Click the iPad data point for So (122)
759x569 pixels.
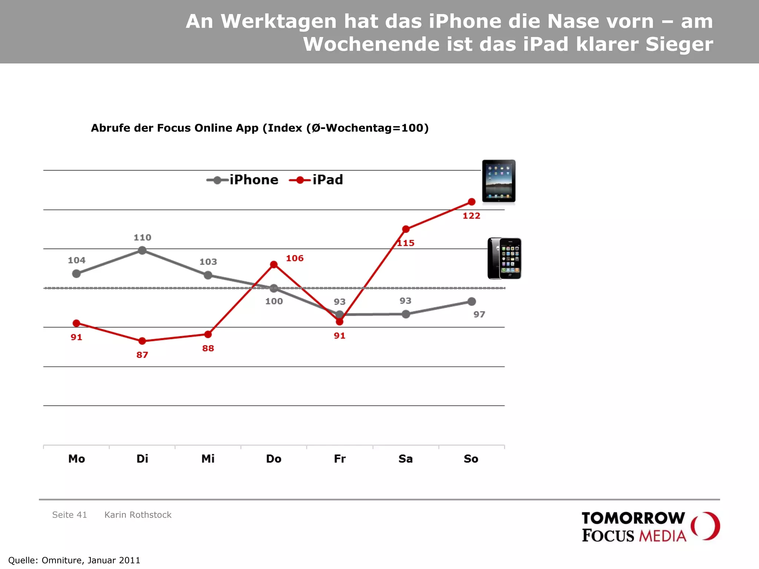tap(471, 202)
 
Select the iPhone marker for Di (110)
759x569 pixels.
tap(142, 251)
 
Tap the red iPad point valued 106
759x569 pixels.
tap(274, 264)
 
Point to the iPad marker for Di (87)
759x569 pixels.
tap(142, 341)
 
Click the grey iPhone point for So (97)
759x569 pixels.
tap(471, 302)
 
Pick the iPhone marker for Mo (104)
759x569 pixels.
tap(76, 274)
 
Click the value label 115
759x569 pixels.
tap(405, 243)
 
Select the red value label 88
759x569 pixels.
tap(208, 348)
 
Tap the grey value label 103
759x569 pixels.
tap(208, 262)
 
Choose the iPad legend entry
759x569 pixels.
tap(316, 180)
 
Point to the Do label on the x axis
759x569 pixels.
tap(274, 459)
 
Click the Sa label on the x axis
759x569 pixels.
tap(405, 459)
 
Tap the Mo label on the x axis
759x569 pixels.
tap(77, 459)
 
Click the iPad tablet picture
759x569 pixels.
tap(498, 181)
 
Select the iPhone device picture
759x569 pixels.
tap(504, 258)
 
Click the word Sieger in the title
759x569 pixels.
tap(679, 44)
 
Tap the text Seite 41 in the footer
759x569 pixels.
tap(69, 515)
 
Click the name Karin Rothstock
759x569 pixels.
tap(138, 515)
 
